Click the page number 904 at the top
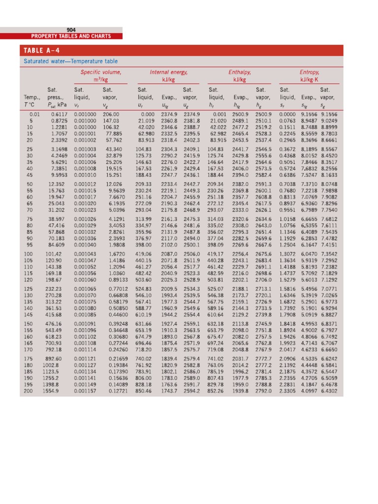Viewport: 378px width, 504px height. (71, 30)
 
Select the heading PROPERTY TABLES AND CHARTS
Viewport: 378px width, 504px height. (71, 36)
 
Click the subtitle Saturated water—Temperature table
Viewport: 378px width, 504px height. (71, 62)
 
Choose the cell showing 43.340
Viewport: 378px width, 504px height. (113, 149)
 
